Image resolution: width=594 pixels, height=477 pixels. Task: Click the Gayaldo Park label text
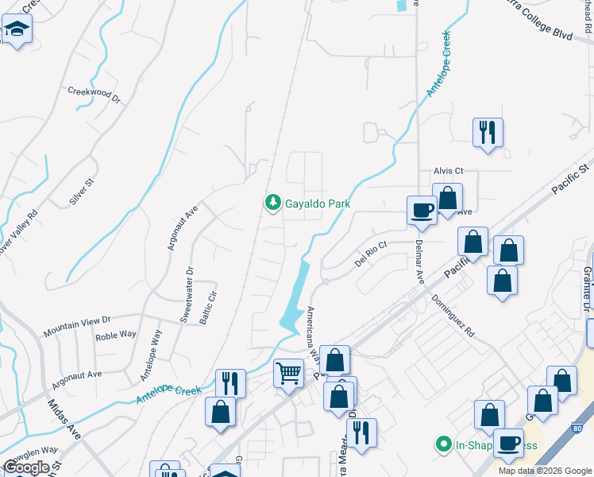[318, 204]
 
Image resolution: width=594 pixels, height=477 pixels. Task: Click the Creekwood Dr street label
[94, 95]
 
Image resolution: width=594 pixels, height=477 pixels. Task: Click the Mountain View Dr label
[77, 324]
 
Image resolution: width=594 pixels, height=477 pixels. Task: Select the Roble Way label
[117, 335]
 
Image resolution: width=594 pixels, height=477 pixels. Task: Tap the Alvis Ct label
[448, 171]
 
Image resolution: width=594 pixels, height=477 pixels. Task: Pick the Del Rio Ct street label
[370, 254]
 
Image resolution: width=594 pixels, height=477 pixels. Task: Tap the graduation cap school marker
[15, 31]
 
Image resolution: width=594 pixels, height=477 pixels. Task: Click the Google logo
[26, 467]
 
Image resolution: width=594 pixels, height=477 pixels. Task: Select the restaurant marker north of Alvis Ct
[488, 132]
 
